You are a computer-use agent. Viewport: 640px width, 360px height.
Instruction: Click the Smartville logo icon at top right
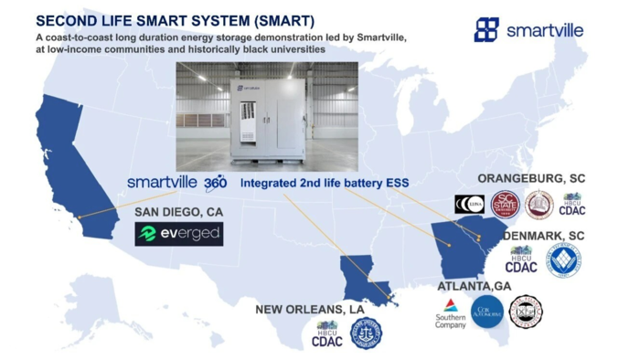[486, 29]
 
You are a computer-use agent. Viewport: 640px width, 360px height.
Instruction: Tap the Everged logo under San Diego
[179, 234]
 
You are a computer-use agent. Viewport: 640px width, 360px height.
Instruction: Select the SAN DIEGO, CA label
[179, 211]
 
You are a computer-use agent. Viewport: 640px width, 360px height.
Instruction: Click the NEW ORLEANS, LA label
[310, 309]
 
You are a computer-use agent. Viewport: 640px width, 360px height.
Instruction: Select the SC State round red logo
[506, 205]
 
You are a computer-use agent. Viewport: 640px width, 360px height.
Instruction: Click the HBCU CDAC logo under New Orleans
[326, 334]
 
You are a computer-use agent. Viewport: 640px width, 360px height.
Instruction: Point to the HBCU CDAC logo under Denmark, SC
[521, 260]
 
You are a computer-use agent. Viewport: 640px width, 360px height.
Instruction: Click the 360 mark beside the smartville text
[216, 183]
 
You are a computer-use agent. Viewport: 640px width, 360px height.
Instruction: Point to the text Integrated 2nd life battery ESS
[325, 183]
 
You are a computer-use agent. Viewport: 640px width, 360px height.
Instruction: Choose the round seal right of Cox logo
[527, 312]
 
